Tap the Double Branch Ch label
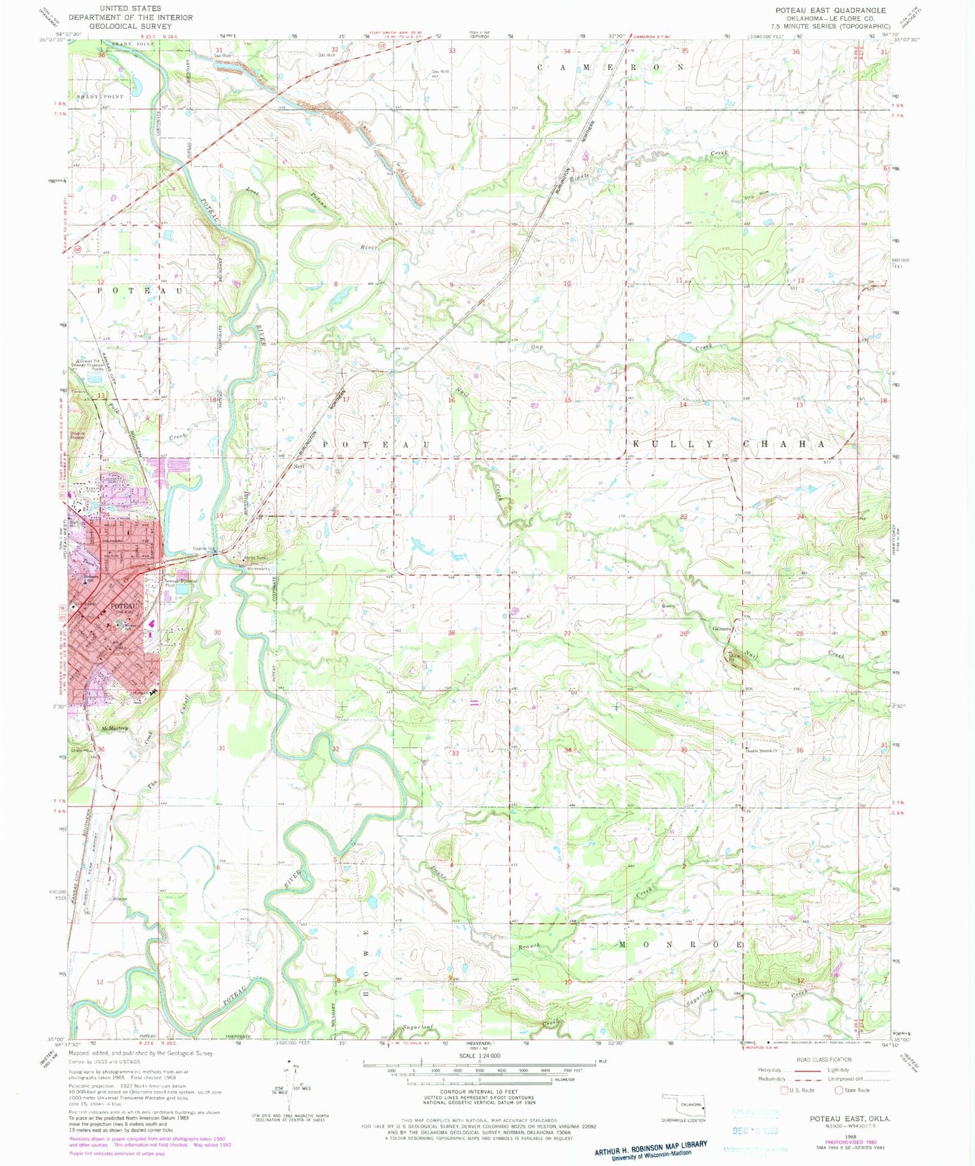(762, 750)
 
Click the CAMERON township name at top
(610, 67)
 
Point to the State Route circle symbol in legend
(839, 1090)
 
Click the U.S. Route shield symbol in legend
(783, 1090)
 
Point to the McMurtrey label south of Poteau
(115, 728)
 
